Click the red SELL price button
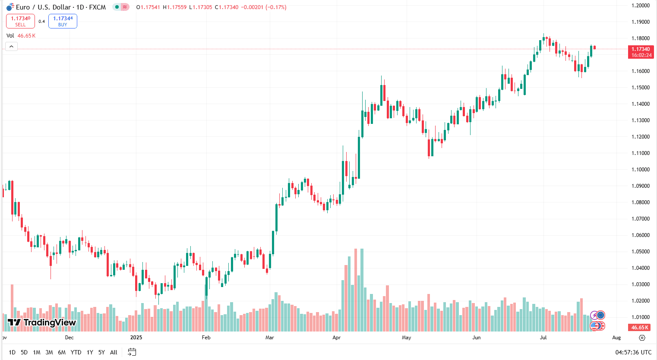pos(20,21)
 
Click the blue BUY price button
pos(63,21)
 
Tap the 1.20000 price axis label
pos(641,6)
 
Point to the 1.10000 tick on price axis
pos(641,170)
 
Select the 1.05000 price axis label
pos(641,252)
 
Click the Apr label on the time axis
pos(337,338)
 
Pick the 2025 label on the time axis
pos(136,338)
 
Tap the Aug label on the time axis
pos(616,338)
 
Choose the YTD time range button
pos(76,352)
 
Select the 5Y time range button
pos(101,352)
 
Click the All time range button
pos(114,352)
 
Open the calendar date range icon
pos(132,352)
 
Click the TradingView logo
pos(42,322)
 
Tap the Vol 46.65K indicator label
pos(21,36)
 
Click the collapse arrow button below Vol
pos(11,47)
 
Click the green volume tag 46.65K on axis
pos(640,328)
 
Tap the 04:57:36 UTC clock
pos(633,352)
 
